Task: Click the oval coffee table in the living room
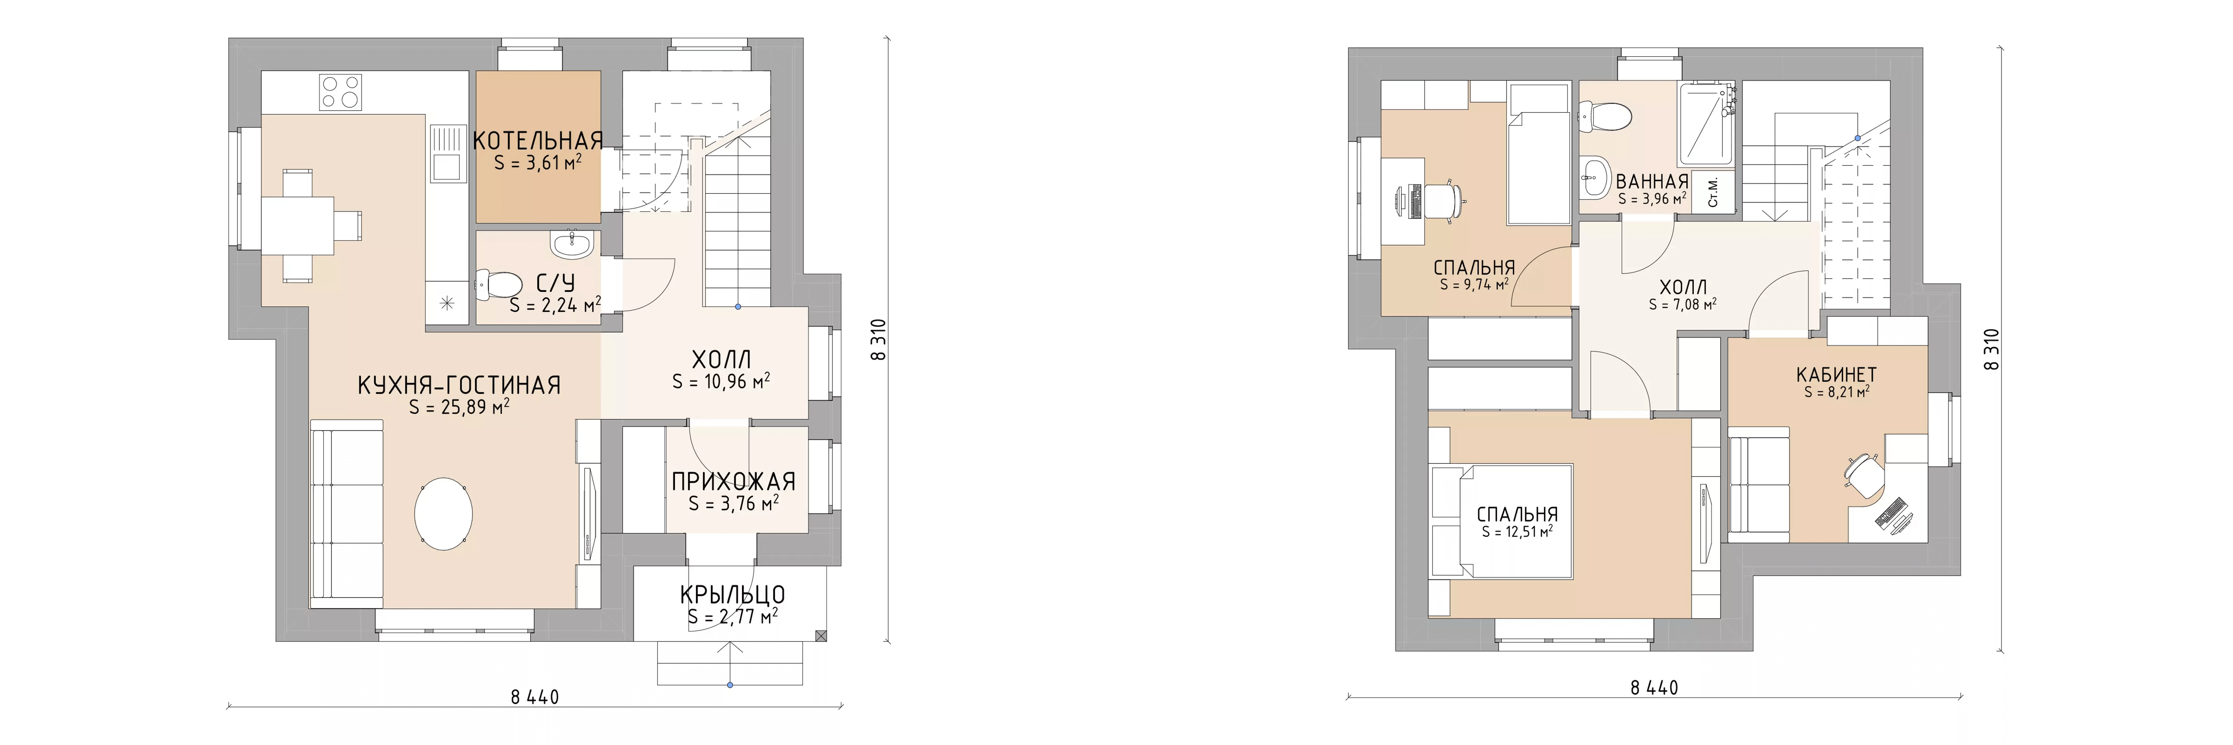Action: pyautogui.click(x=444, y=513)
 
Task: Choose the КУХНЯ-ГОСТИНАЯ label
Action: pyautogui.click(x=459, y=385)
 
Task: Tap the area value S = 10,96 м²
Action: pyautogui.click(x=721, y=381)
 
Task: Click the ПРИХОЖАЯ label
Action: pyautogui.click(x=733, y=482)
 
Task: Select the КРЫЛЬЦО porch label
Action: pyautogui.click(x=732, y=595)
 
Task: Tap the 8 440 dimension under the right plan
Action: pyautogui.click(x=1654, y=688)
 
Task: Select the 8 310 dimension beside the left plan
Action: pyautogui.click(x=880, y=340)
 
